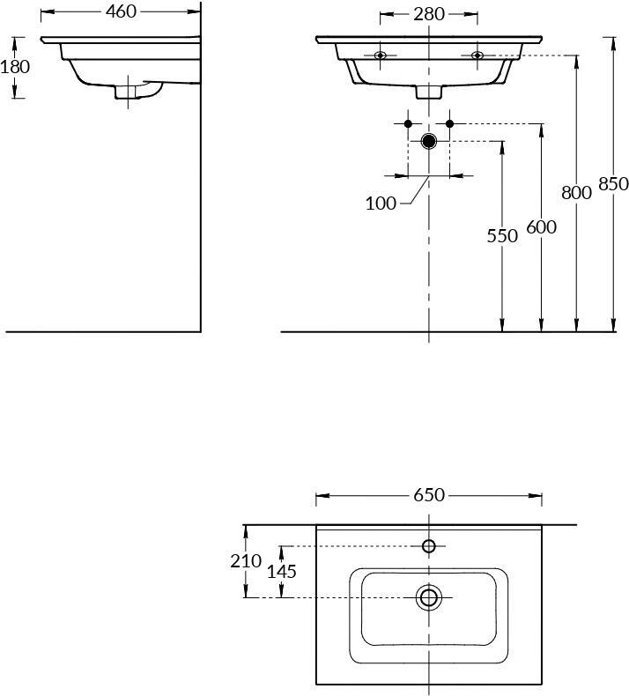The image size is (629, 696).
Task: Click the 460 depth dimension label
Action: (121, 11)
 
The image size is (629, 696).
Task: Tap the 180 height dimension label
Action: (15, 67)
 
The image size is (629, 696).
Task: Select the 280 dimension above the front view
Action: (429, 14)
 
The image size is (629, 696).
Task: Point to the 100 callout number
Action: (381, 204)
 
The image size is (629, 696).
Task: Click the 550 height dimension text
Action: (502, 236)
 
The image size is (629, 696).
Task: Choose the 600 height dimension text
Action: (541, 226)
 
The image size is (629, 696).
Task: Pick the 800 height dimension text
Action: (576, 193)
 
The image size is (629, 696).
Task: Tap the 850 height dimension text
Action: (613, 183)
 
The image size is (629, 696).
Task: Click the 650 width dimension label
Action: (429, 494)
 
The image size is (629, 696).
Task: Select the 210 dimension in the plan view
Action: (246, 561)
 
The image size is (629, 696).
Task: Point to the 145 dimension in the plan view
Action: (281, 571)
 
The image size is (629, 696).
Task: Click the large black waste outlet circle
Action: (429, 141)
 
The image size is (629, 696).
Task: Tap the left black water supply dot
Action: (409, 123)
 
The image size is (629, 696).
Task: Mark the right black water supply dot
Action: (449, 123)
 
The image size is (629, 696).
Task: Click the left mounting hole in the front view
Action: (380, 55)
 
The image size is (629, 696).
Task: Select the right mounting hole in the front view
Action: (477, 55)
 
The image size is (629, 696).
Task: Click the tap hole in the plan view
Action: (429, 546)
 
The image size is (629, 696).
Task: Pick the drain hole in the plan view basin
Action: (429, 597)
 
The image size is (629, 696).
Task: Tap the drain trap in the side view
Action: (137, 90)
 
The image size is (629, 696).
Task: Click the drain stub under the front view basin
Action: (429, 92)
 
